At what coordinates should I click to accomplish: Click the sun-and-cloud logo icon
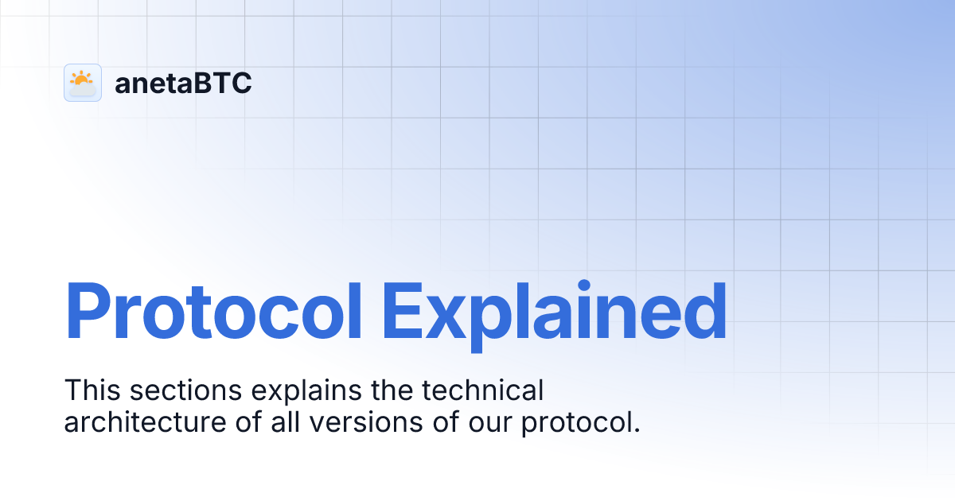click(x=83, y=83)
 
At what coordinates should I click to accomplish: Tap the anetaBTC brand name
click(x=183, y=83)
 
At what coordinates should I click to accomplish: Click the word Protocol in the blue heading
click(x=213, y=312)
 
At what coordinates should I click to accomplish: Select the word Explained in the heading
click(x=554, y=312)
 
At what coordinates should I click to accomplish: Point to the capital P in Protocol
click(x=89, y=312)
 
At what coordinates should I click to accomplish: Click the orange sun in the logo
click(x=80, y=78)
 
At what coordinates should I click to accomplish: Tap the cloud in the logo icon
click(x=84, y=89)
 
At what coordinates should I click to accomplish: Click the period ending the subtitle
click(x=637, y=430)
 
